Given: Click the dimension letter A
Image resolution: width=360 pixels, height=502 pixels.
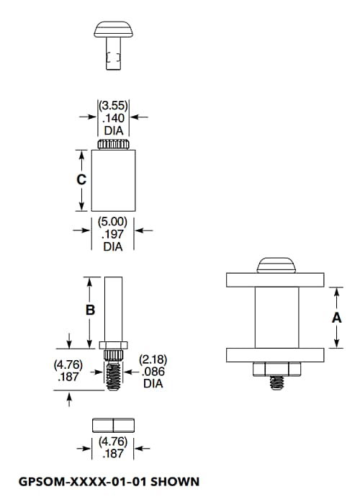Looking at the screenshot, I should (x=336, y=318).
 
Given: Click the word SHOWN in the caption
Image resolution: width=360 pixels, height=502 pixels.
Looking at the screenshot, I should (x=174, y=480).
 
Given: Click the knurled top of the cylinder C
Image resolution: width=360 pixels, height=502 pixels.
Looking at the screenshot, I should (x=113, y=145).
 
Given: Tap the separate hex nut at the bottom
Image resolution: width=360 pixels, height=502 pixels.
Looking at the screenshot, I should (x=113, y=425).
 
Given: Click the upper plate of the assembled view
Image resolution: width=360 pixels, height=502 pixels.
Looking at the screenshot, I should (x=276, y=280).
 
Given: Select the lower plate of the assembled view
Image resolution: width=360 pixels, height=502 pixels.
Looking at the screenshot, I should (x=276, y=355).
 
